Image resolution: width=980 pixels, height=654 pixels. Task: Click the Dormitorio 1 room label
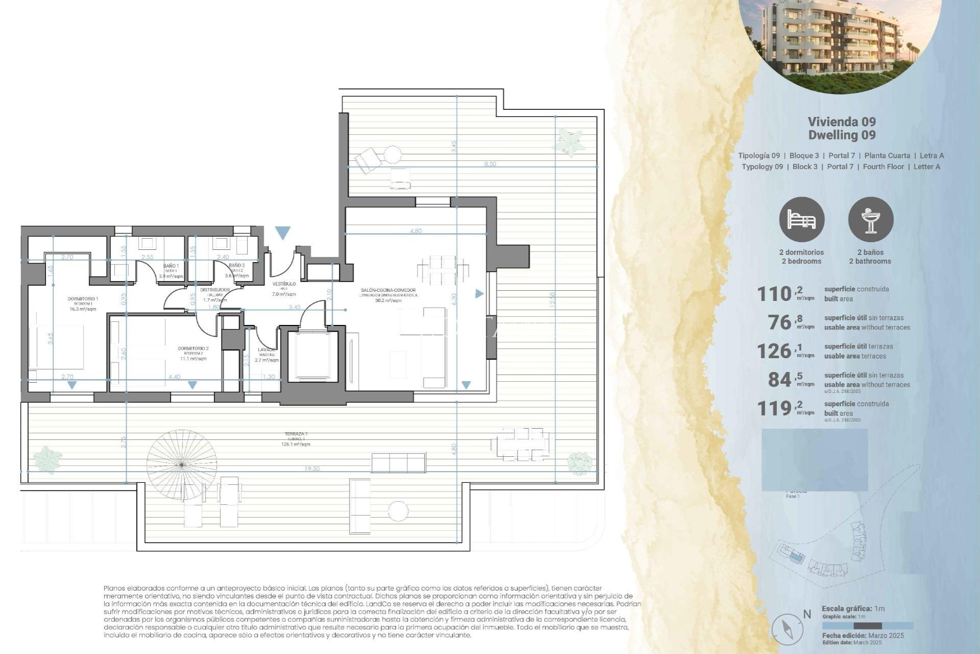pos(83,299)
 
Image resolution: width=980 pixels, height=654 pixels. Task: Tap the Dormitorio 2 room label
pos(193,349)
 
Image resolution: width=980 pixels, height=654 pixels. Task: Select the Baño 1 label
pos(170,266)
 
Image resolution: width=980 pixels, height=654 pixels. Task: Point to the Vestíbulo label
pos(284,284)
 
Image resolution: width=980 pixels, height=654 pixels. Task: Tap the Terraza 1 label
pos(296,434)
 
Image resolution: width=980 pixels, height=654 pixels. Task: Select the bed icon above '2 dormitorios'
pos(801,220)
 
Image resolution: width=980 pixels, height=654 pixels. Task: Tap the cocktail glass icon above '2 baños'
pos(871,220)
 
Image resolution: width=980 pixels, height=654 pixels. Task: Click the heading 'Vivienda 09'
pos(842,122)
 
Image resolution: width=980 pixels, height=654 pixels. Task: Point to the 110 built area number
pos(774,294)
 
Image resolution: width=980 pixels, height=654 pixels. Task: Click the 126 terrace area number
pos(774,352)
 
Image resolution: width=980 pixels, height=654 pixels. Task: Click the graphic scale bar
pos(867,626)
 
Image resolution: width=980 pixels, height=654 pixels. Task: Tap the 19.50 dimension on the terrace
pos(312,469)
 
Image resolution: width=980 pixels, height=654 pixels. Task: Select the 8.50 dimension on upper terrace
pos(489,164)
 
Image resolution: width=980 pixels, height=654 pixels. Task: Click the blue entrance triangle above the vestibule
pos(283,233)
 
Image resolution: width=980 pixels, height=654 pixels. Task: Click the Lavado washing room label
pos(266,350)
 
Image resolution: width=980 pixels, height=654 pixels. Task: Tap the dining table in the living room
pos(443,271)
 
